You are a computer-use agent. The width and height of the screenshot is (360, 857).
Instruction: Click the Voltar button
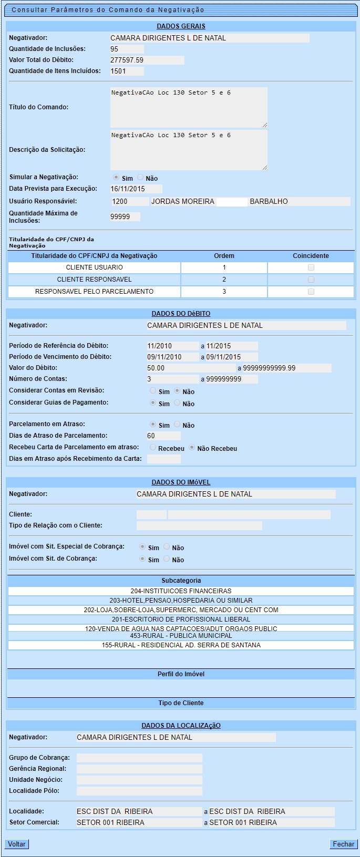16,844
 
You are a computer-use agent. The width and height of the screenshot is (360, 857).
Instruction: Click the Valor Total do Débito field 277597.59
147,60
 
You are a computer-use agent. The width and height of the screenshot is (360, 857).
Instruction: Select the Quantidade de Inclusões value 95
127,49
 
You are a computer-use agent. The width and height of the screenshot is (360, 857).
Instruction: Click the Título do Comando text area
188,107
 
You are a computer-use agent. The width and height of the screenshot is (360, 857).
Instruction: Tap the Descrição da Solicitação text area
188,150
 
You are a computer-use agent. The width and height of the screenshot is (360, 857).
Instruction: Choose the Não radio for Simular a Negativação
140,178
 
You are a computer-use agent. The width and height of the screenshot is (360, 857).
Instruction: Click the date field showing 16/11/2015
136,189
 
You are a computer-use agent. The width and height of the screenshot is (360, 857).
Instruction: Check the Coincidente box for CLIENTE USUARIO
311,267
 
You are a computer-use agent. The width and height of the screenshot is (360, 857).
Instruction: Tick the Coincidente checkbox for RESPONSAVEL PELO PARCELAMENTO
311,292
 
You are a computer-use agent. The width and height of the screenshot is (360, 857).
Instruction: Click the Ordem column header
224,256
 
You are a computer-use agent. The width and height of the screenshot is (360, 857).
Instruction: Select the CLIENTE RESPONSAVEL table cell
95,280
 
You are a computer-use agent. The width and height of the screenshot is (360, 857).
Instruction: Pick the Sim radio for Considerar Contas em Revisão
153,391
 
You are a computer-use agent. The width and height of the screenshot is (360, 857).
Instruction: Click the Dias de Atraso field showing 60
163,436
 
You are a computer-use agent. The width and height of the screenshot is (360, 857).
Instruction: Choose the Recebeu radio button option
153,448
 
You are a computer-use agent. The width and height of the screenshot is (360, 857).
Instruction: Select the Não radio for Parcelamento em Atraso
177,425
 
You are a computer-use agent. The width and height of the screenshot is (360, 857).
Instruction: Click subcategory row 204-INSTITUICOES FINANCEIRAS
181,591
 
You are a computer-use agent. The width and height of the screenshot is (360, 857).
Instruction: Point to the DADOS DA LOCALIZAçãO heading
181,726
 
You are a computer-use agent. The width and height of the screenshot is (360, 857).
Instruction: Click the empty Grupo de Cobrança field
139,758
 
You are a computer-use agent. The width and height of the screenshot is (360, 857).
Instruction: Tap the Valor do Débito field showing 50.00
191,368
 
